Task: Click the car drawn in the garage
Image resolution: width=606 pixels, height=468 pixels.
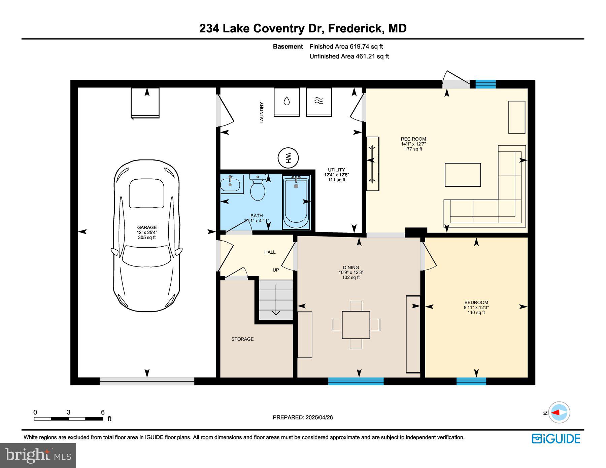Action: coord(146,236)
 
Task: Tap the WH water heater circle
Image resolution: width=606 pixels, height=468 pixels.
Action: coord(288,158)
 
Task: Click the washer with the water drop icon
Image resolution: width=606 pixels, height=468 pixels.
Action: coord(287,102)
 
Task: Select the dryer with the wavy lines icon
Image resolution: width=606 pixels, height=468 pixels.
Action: coord(319,102)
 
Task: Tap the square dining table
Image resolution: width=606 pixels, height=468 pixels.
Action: coord(356,325)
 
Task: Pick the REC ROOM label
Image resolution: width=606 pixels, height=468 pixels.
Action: coord(413,139)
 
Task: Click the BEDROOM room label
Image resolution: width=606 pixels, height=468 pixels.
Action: coord(476,302)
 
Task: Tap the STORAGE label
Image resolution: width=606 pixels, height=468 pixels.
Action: coord(242,339)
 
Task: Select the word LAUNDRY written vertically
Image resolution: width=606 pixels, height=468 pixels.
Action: coord(262,113)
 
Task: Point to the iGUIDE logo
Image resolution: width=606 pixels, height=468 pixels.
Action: coord(556,439)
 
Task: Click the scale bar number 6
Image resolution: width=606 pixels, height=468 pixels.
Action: coord(103,412)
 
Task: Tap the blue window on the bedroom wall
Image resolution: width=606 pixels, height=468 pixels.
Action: coord(471,381)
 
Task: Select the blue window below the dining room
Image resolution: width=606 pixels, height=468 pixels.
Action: coord(356,381)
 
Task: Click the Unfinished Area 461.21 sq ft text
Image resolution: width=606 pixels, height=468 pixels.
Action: coord(349,56)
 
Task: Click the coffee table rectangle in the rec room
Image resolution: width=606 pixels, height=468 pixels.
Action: coord(463,175)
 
